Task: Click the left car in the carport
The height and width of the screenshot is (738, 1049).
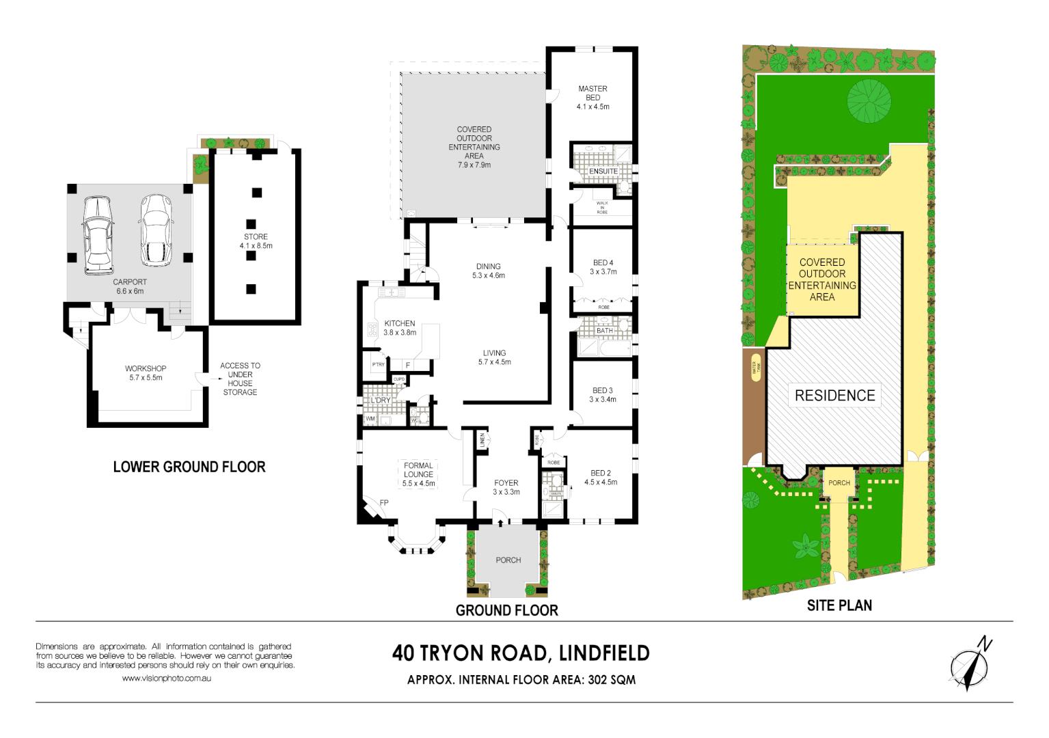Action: point(97,235)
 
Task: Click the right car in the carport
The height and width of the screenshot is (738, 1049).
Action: point(156,230)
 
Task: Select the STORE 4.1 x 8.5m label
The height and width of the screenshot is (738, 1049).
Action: point(256,241)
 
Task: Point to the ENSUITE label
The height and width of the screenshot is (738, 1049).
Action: point(603,172)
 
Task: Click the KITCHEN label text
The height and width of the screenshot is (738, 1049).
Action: point(400,324)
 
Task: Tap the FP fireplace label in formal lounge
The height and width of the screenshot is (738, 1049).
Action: point(384,503)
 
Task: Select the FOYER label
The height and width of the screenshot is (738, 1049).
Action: point(506,483)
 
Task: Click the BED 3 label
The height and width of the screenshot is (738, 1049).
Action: point(602,391)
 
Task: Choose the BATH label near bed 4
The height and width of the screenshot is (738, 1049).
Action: point(605,331)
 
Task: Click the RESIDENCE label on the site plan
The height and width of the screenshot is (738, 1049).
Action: point(834,396)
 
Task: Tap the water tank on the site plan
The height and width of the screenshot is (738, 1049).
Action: point(756,368)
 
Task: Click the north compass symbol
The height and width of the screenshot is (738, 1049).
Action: point(970,665)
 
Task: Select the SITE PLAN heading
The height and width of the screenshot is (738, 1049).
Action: point(839,605)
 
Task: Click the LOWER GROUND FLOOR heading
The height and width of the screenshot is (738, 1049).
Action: point(189,467)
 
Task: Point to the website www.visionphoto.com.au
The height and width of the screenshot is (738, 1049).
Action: point(166,679)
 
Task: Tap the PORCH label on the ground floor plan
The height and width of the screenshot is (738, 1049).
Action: point(508,560)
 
